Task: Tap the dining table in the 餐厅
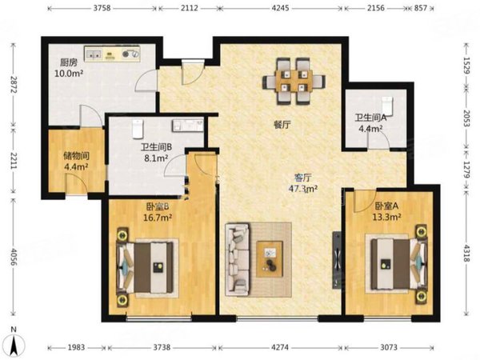coord(294,82)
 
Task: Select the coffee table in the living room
coord(270,259)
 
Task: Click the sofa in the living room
coord(238,259)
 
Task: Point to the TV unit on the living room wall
coord(337,260)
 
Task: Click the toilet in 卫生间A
coord(387,105)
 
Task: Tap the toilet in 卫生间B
coord(138,129)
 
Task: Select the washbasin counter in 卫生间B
coord(188,126)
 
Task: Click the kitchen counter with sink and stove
coord(112,54)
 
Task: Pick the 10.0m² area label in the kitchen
coord(69,74)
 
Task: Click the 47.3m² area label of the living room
coord(303,189)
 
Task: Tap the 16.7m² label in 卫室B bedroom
coord(158,218)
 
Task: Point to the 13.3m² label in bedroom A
coord(387,217)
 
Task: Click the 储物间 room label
coord(76,156)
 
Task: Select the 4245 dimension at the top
coord(281,8)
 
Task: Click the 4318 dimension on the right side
coord(466,253)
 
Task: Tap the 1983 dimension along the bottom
coord(76,347)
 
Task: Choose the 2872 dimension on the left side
coord(13,85)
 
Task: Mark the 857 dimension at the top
coord(421,8)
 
